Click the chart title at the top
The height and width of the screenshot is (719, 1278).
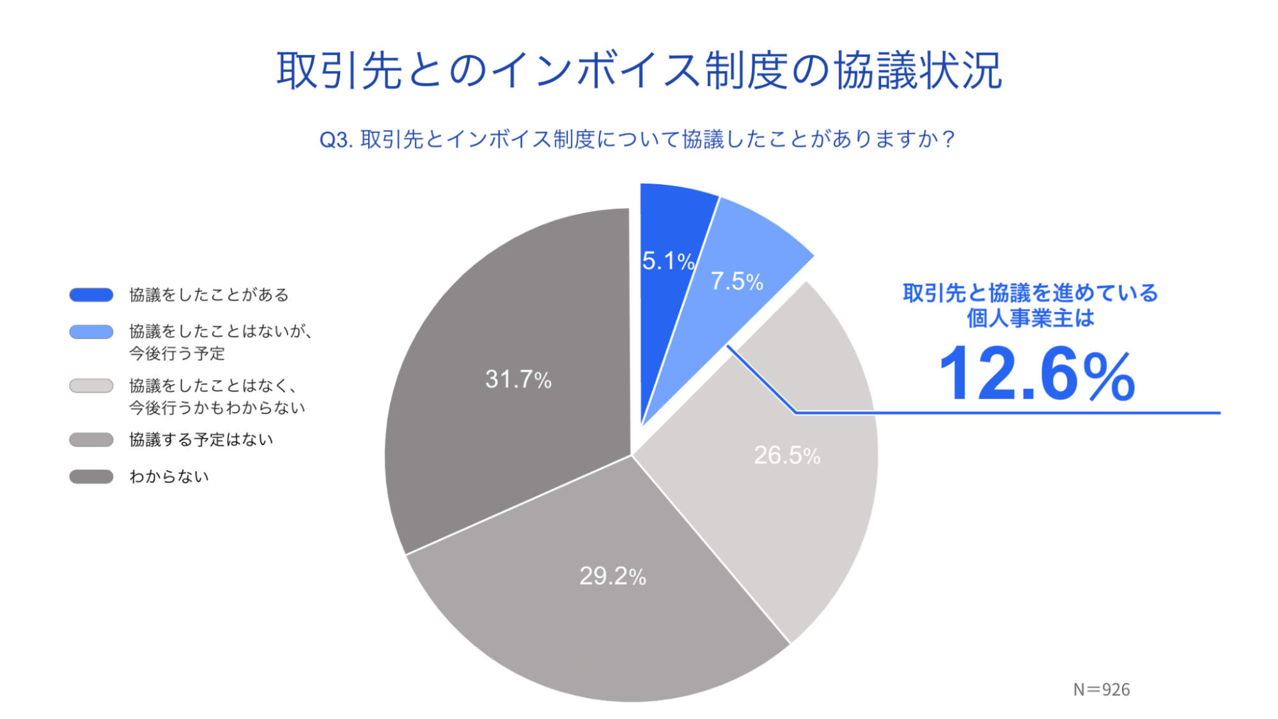[x=639, y=70]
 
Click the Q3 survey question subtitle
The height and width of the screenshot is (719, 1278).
[x=637, y=139]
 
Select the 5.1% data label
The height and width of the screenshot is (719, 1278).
[x=667, y=261]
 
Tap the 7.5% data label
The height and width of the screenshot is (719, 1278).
[x=736, y=281]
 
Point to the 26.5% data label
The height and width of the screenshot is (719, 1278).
[x=786, y=455]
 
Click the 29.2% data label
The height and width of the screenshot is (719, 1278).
[x=612, y=576]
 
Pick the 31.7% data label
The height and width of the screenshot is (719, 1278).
[x=518, y=379]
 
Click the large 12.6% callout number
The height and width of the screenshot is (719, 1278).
[x=1036, y=374]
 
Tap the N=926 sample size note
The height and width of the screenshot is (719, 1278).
[x=1101, y=690]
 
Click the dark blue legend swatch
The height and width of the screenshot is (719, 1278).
[x=91, y=295]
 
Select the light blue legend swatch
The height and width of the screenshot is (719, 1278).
[x=91, y=331]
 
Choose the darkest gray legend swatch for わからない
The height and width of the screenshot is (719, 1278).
[x=91, y=477]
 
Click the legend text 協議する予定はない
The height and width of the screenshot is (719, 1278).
[x=201, y=440]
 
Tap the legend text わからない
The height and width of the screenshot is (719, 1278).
[x=169, y=477]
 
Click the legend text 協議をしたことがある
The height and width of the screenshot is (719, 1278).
[x=209, y=295]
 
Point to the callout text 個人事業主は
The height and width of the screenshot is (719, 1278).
[x=1030, y=318]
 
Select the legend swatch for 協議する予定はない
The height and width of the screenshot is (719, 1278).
[x=91, y=440]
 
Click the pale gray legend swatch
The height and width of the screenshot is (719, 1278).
[x=91, y=386]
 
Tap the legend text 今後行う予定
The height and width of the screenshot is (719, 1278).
[x=177, y=353]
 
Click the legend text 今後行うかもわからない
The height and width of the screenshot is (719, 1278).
[x=217, y=407]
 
